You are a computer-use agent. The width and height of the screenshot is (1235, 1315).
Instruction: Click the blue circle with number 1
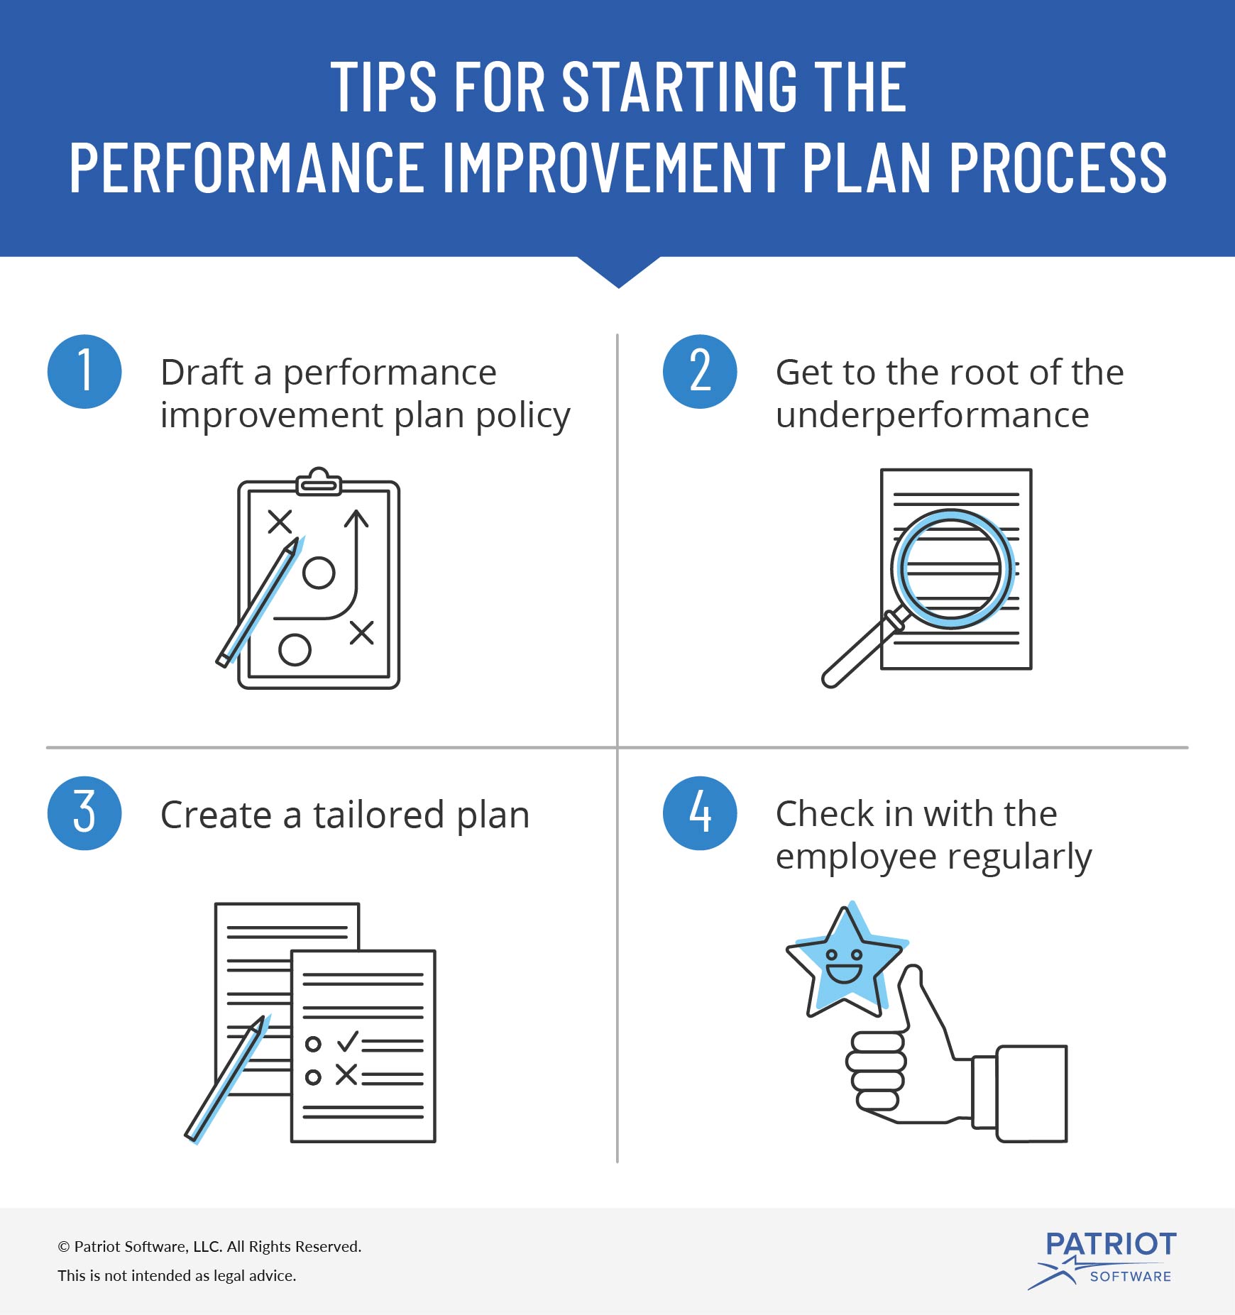[84, 371]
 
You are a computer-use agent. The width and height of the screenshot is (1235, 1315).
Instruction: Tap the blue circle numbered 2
[700, 371]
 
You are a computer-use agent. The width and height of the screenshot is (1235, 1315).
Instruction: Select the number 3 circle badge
[84, 813]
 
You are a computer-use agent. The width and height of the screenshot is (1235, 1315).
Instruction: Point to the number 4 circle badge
[700, 813]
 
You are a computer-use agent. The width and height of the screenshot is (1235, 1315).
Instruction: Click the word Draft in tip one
[202, 373]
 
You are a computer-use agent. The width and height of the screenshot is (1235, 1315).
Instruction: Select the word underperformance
[932, 415]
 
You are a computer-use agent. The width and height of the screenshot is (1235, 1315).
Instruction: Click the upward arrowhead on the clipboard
[356, 518]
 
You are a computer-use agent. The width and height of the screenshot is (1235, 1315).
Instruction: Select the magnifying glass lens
[951, 568]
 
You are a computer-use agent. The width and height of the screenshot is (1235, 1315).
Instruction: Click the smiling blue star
[845, 962]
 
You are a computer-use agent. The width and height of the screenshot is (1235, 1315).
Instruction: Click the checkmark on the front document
[348, 1041]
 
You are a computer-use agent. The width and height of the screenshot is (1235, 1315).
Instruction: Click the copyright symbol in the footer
[64, 1247]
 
